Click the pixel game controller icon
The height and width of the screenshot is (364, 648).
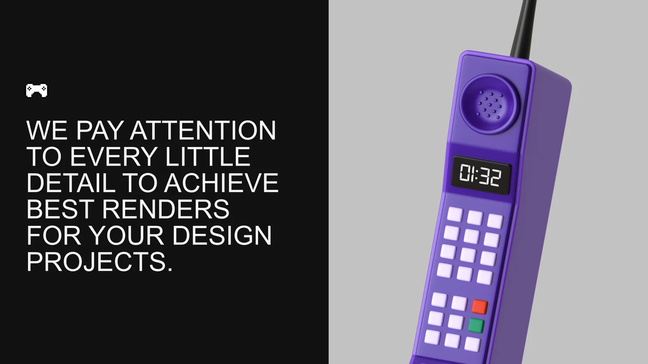coord(36,91)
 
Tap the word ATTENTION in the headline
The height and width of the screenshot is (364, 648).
coord(203,130)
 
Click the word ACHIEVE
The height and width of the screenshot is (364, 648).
coord(221,183)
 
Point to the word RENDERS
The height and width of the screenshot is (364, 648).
coord(166,209)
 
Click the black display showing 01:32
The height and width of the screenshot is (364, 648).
coord(481,175)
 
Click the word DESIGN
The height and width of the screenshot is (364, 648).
coord(222,235)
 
